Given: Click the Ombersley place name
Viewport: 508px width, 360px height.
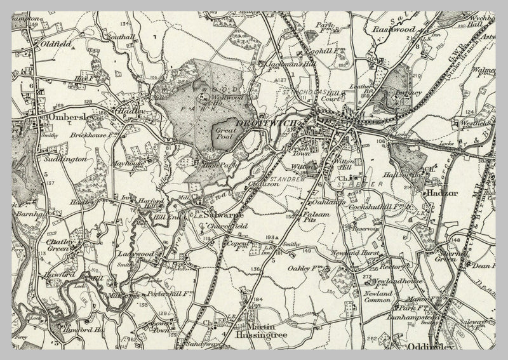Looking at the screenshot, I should [x=67, y=118].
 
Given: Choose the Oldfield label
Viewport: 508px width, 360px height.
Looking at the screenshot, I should [x=53, y=46].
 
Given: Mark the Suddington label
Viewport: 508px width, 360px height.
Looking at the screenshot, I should [x=65, y=160].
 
